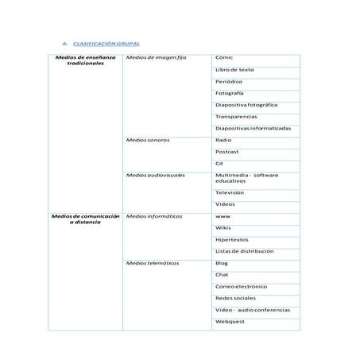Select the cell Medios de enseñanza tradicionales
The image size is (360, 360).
tap(86, 61)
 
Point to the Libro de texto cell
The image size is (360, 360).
tap(234, 70)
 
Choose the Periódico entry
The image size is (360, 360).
tap(229, 81)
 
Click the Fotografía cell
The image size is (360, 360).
tap(230, 93)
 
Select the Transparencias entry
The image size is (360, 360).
tap(236, 116)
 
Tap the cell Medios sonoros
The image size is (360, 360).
tap(148, 140)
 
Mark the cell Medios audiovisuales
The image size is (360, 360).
tap(156, 175)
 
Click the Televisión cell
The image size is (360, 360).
tap(230, 192)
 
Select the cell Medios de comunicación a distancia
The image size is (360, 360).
tap(85, 219)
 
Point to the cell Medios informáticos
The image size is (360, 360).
tap(154, 215)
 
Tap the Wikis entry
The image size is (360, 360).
tap(223, 227)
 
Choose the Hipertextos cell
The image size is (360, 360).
tap(231, 239)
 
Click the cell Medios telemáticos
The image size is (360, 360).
tap(153, 262)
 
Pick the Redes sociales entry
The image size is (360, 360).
tap(236, 298)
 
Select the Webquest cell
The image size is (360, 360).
tap(230, 321)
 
